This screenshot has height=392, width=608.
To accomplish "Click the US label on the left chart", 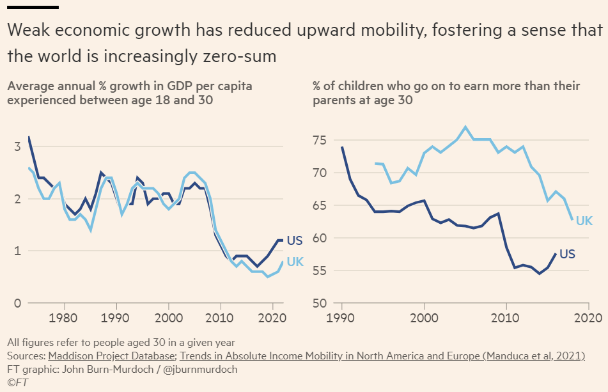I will [294, 241].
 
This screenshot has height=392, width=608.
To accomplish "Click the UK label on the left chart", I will [295, 262].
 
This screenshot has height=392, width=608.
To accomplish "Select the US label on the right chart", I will [567, 254].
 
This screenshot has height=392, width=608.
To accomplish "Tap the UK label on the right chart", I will [584, 221].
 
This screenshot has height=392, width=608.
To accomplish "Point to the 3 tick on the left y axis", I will [17, 146].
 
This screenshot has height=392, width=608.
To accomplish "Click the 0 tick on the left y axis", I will [17, 303].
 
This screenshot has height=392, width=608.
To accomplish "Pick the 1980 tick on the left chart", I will [63, 317].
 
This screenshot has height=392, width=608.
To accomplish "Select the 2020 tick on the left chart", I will [273, 317].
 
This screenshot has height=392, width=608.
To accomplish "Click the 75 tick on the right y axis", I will [320, 140].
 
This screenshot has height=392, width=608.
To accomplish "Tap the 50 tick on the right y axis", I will [320, 303].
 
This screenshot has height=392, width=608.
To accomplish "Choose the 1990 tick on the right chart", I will [342, 317].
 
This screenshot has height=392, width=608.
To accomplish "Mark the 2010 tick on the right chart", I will [506, 317].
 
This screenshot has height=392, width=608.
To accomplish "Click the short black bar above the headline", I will [33, 7].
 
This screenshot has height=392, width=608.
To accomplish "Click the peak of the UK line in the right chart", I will [465, 127].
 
